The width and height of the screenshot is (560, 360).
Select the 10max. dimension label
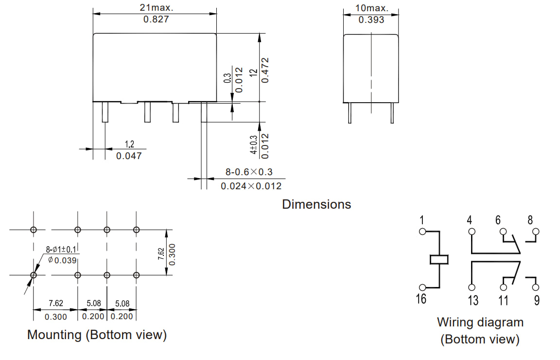coord(372,8)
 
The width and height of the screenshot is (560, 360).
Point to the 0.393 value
coord(371,19)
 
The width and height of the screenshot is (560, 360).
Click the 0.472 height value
coord(265,70)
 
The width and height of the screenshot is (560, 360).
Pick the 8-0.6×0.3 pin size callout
coord(249,172)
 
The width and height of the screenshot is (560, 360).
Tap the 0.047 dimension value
coord(129,156)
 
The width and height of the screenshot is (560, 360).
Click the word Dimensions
coord(316,204)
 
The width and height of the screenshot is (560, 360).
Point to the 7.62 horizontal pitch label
coord(55,304)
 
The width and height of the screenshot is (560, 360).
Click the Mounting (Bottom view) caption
coord(97,335)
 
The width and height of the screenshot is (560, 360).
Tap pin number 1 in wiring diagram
coord(422,220)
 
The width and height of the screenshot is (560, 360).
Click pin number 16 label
coord(421,299)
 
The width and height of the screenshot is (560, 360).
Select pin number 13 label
coord(472,300)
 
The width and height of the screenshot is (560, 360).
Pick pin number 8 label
coord(530,220)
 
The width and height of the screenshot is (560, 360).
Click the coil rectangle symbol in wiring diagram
coord(439,259)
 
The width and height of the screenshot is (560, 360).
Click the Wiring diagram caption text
coord(480,322)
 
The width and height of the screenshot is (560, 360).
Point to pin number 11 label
coord(503,300)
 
